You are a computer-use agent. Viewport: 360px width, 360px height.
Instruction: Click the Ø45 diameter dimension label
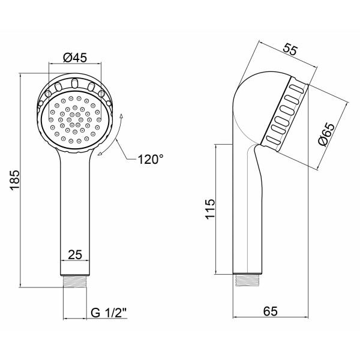[75, 58]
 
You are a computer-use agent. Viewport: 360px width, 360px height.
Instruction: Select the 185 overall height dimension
[16, 180]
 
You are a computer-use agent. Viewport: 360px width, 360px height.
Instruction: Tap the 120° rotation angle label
[151, 159]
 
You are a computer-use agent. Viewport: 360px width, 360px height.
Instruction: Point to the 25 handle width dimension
[75, 254]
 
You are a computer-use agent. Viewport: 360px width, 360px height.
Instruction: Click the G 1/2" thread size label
[109, 312]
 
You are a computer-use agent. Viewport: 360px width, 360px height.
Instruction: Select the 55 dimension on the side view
[290, 49]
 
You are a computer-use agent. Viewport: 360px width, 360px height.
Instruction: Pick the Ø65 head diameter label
[327, 134]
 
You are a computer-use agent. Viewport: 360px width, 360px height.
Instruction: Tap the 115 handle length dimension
[211, 209]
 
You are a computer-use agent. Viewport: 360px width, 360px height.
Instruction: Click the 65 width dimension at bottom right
[270, 311]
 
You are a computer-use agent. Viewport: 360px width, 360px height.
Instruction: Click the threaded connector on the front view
[75, 281]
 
